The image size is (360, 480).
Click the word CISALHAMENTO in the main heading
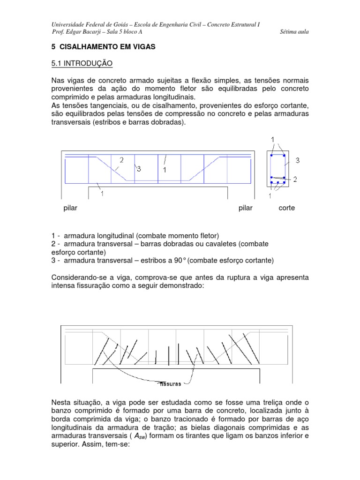pos(87,47)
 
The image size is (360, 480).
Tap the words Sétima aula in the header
pos(294,32)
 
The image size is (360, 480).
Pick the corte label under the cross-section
pos(286,208)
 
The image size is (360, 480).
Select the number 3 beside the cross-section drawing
pos(297,160)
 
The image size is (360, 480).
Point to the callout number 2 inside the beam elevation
pos(121,160)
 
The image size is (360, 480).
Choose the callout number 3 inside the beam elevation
pos(139,169)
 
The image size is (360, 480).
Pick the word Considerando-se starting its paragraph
pos(79,277)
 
